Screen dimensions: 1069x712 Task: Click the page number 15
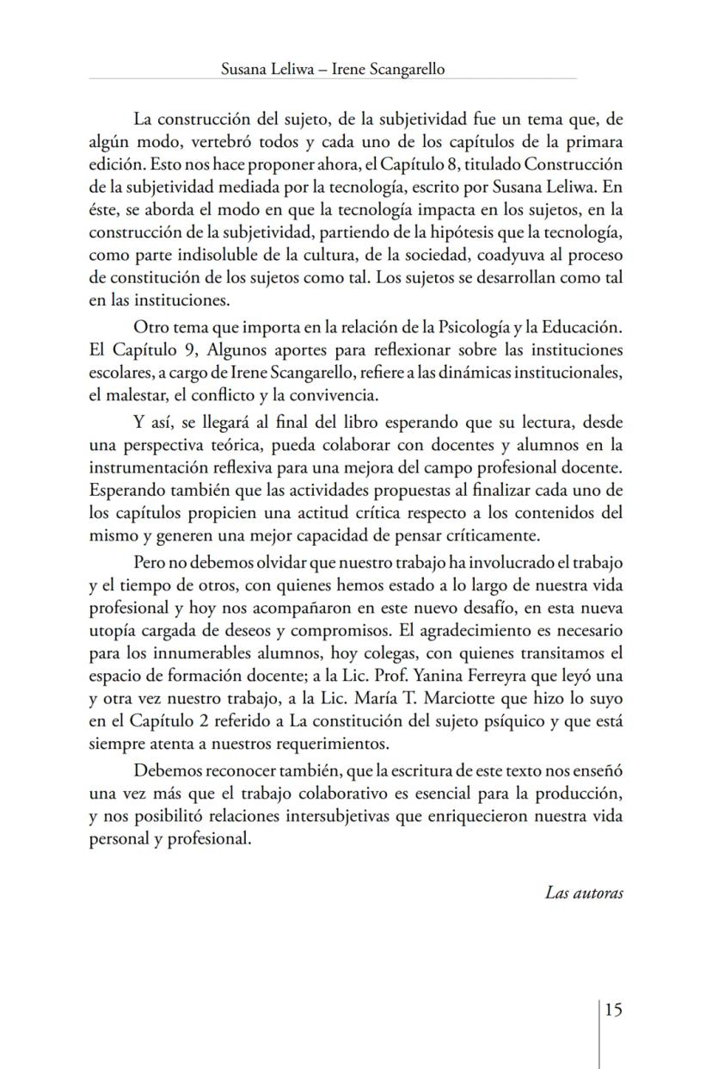[x=612, y=1010]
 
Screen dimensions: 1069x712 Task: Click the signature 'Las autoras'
[x=584, y=893]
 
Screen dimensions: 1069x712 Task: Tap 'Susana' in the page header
[x=245, y=70]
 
